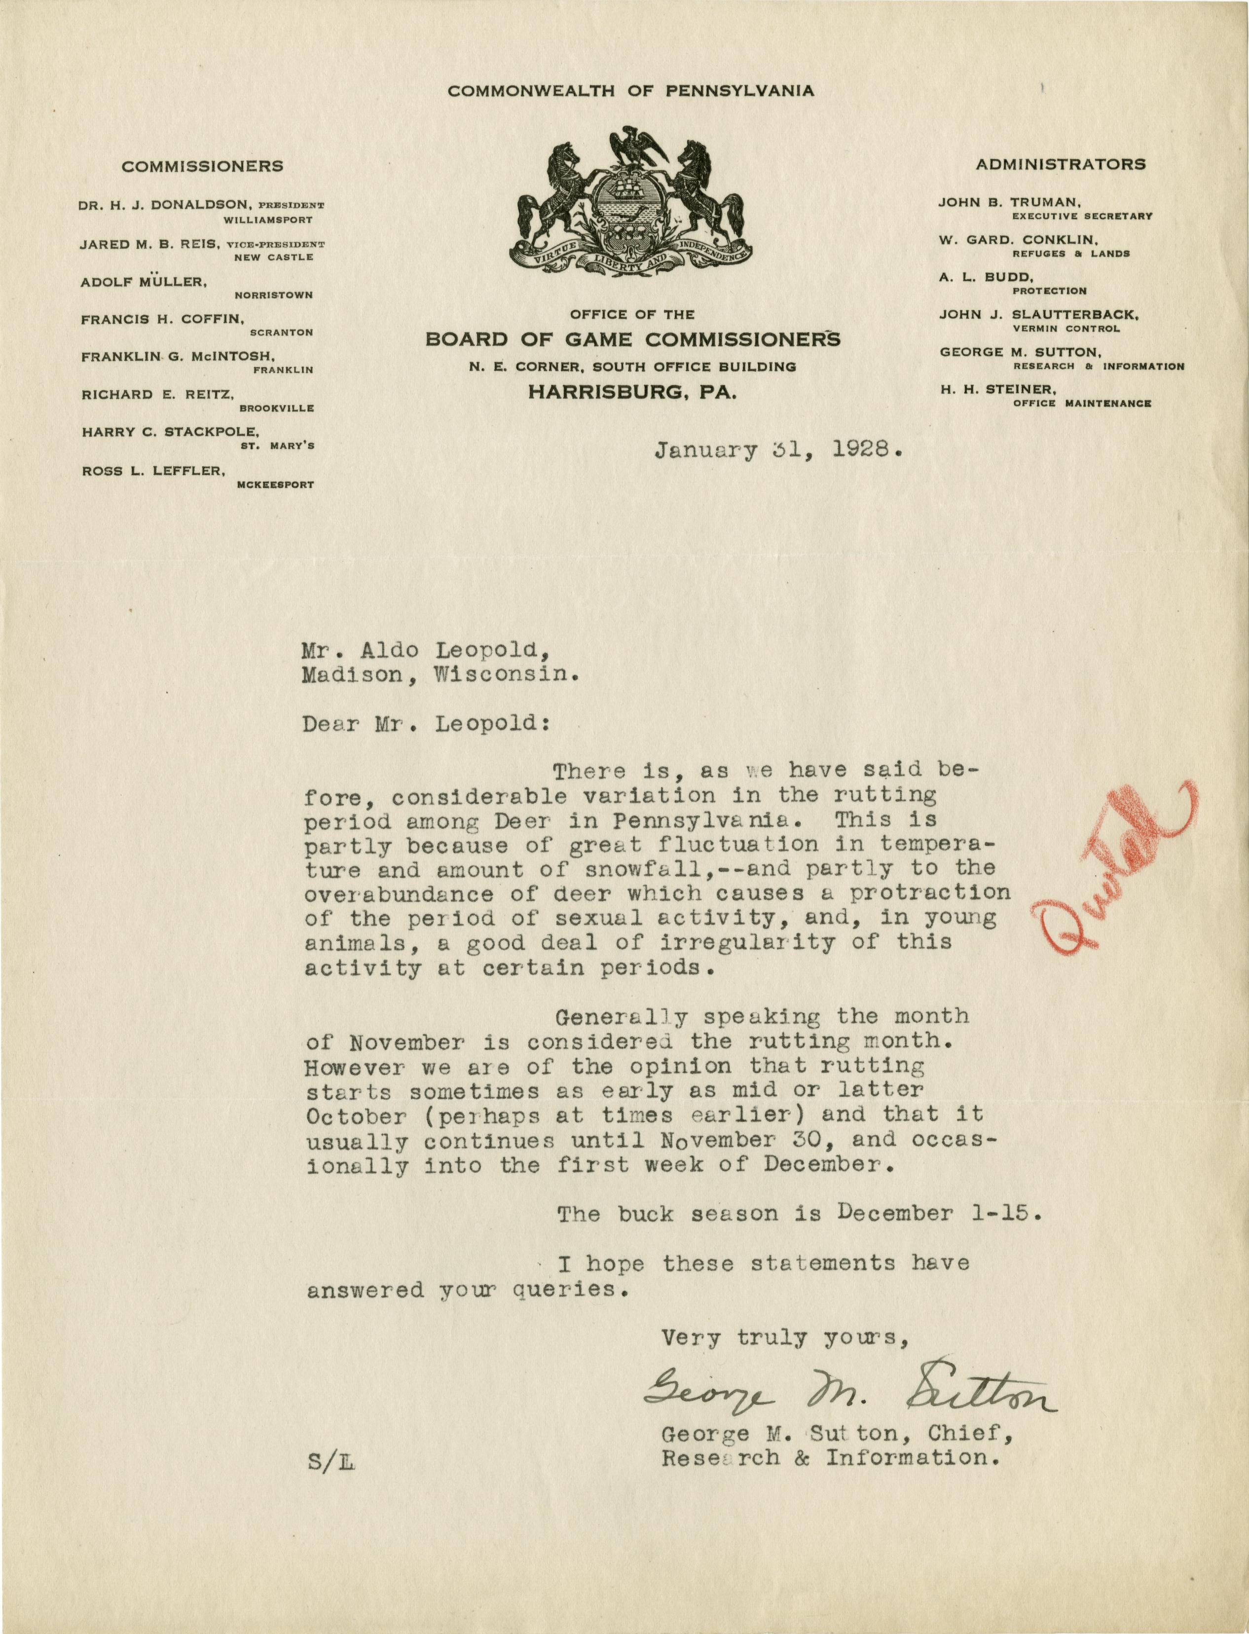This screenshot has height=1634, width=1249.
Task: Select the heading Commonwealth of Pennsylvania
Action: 630,91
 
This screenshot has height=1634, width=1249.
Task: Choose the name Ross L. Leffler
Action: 154,471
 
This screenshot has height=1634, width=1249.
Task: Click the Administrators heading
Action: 1060,164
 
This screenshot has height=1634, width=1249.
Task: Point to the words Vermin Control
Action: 1065,329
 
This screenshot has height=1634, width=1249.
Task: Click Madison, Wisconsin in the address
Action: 440,675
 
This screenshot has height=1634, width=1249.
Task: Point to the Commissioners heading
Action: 202,167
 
